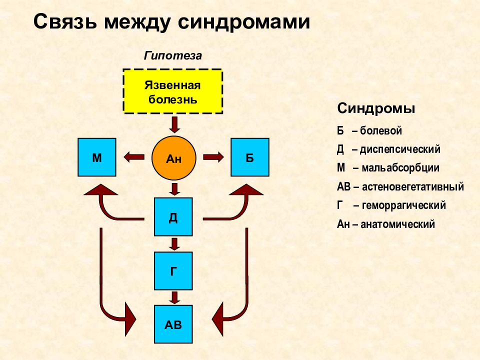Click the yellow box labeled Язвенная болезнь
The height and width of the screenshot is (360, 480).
pyautogui.click(x=172, y=91)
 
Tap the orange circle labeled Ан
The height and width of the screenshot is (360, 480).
pyautogui.click(x=173, y=158)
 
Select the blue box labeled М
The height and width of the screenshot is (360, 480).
pyautogui.click(x=96, y=157)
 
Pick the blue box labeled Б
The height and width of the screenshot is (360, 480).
pyautogui.click(x=250, y=157)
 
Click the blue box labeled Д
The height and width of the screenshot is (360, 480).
pyautogui.click(x=173, y=216)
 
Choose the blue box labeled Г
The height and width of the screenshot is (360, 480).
pyautogui.click(x=173, y=271)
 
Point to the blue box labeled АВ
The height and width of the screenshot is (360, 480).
pyautogui.click(x=173, y=324)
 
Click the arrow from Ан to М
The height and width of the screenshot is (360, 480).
pyautogui.click(x=134, y=157)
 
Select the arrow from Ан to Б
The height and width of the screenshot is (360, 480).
pyautogui.click(x=213, y=157)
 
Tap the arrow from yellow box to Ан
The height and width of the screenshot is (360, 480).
pyautogui.click(x=174, y=124)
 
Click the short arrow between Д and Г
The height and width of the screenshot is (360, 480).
pyautogui.click(x=174, y=244)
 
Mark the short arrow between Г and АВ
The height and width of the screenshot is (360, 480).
pyautogui.click(x=174, y=297)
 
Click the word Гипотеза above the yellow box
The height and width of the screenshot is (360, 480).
pyautogui.click(x=173, y=56)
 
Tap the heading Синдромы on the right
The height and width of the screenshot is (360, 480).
pyautogui.click(x=376, y=108)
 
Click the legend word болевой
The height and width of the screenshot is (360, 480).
pyautogui.click(x=381, y=130)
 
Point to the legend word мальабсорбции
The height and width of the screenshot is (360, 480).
pyautogui.click(x=400, y=168)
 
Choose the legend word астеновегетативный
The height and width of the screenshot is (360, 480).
pyautogui.click(x=413, y=186)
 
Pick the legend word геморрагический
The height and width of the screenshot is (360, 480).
pyautogui.click(x=404, y=205)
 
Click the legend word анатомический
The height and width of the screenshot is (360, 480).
pyautogui.click(x=397, y=224)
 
